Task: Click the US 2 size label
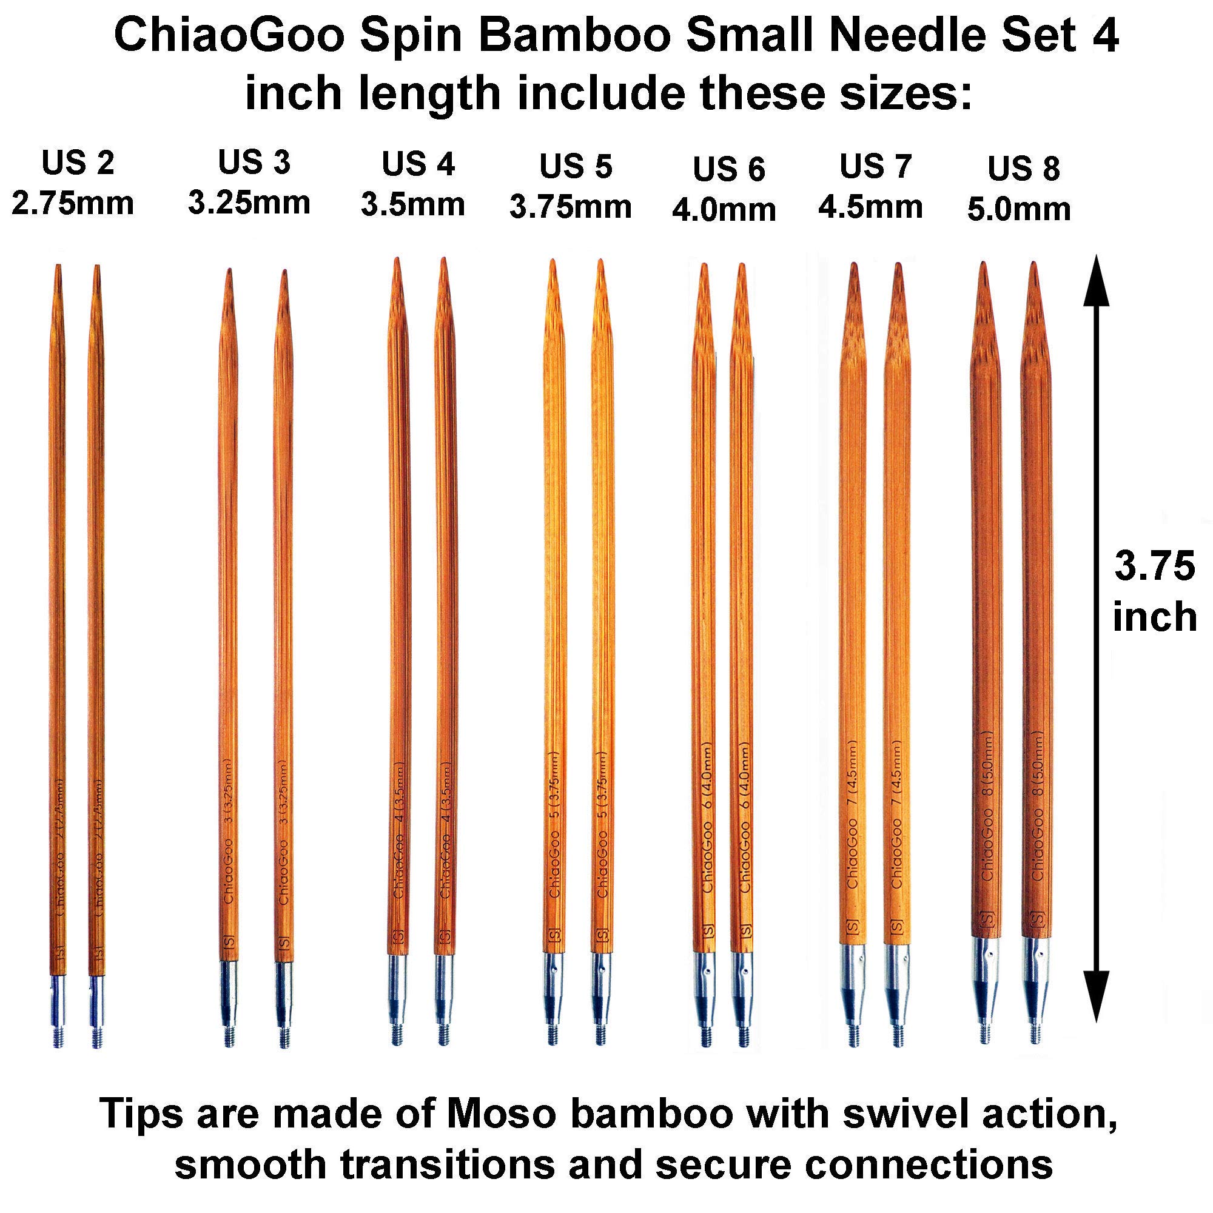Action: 78,163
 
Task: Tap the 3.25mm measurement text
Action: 249,203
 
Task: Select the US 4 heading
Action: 418,164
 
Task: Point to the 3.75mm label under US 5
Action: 570,207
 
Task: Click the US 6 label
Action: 728,170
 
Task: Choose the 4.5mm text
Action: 870,207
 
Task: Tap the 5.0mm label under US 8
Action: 1018,210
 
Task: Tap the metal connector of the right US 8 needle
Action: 1035,973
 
